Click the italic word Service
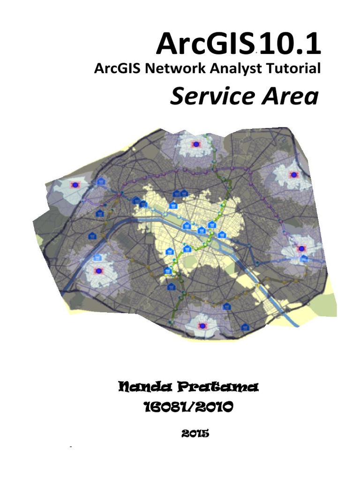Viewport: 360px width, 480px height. click(x=210, y=97)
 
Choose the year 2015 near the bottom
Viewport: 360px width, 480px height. click(x=194, y=434)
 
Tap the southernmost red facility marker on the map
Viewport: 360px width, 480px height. click(x=202, y=325)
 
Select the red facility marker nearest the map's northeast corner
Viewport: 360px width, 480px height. click(x=294, y=174)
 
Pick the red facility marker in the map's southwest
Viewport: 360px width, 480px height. click(x=98, y=271)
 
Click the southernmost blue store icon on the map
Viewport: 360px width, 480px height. click(x=244, y=327)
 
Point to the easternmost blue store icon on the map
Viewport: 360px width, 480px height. click(x=304, y=258)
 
